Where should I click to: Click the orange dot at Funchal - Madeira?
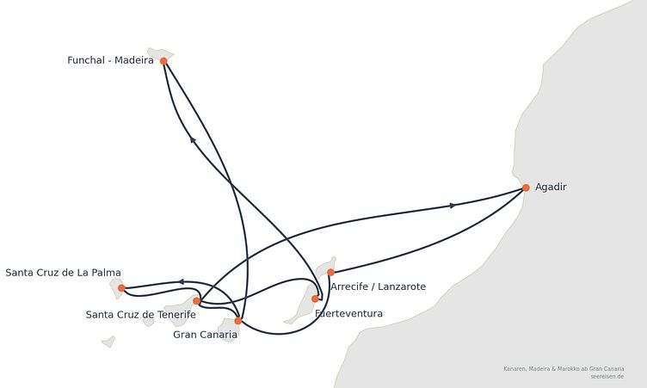(x=163, y=61)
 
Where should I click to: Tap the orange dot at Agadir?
(x=526, y=188)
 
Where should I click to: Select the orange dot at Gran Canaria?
(x=238, y=321)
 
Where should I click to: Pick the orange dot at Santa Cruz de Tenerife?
(x=197, y=301)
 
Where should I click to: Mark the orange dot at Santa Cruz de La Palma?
(x=121, y=288)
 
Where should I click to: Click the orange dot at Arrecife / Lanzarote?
(x=330, y=273)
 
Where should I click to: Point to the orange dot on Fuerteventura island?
(x=315, y=299)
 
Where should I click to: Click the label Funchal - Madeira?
(x=110, y=60)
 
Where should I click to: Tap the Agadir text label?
(x=551, y=187)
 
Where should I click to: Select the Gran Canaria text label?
(x=205, y=335)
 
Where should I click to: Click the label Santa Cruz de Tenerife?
(x=141, y=315)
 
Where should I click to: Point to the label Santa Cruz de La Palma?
(x=63, y=273)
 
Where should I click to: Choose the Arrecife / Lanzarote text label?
(x=378, y=286)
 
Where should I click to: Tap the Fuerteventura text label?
(x=348, y=314)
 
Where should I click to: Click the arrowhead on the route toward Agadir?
(x=453, y=206)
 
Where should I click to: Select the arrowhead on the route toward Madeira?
(x=193, y=140)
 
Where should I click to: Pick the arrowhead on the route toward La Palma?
(x=181, y=282)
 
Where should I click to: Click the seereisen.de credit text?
(x=607, y=377)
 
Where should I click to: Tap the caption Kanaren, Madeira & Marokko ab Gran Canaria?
(x=564, y=368)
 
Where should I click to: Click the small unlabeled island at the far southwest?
(x=109, y=342)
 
